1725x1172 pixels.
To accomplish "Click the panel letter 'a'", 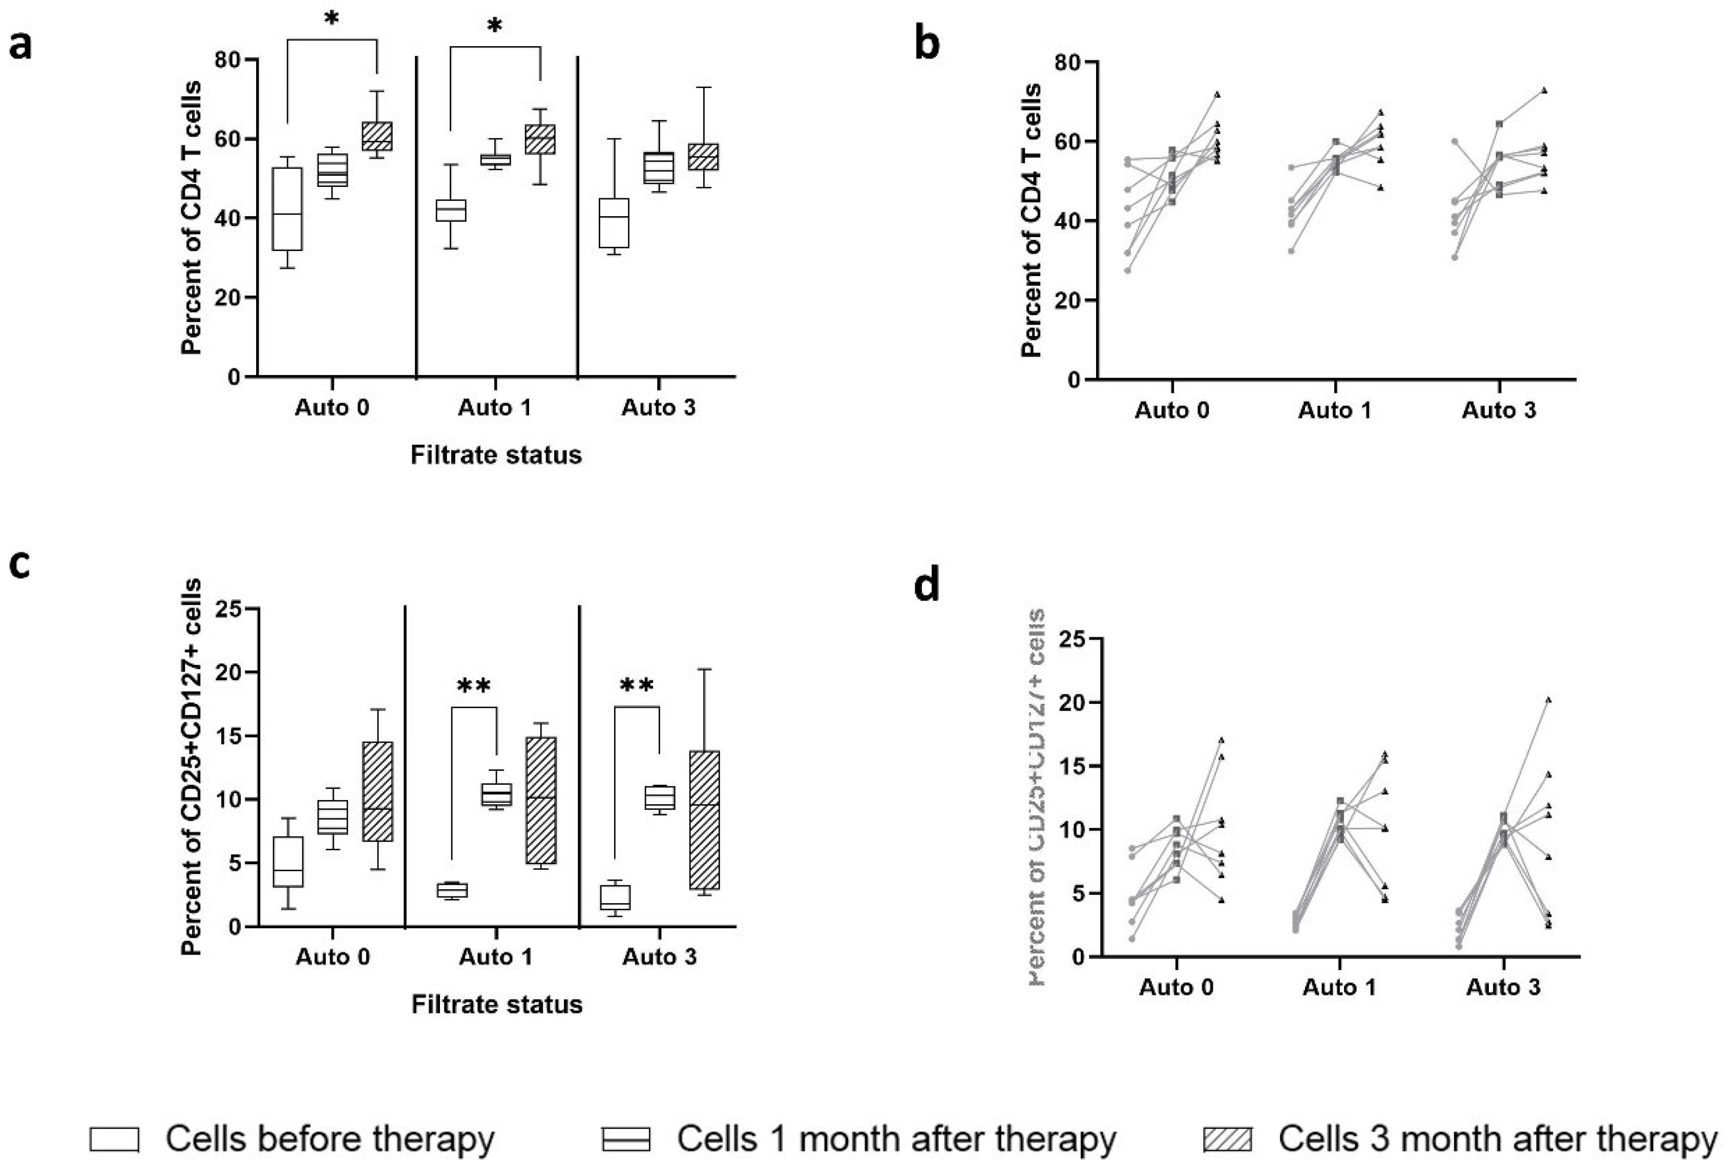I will click(21, 46).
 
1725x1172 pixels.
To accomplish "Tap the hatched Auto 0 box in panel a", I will click(377, 136).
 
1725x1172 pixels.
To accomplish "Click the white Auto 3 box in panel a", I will click(614, 223).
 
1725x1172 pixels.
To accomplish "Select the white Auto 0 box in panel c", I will click(288, 862).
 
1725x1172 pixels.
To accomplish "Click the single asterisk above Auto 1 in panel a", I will click(494, 27).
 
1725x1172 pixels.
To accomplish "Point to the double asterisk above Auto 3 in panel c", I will click(637, 686).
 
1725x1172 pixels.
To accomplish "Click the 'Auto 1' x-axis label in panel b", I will click(1335, 410).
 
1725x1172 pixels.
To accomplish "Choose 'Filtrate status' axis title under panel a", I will click(496, 455).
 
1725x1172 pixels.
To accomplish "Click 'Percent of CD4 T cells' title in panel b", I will click(1031, 220).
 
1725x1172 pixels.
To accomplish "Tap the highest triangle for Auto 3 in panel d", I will click(1548, 699).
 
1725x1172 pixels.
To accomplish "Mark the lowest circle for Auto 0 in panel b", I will click(1127, 270).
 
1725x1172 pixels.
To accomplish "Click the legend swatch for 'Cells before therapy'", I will click(114, 1139).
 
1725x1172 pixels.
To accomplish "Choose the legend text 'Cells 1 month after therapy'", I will click(896, 1139).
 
